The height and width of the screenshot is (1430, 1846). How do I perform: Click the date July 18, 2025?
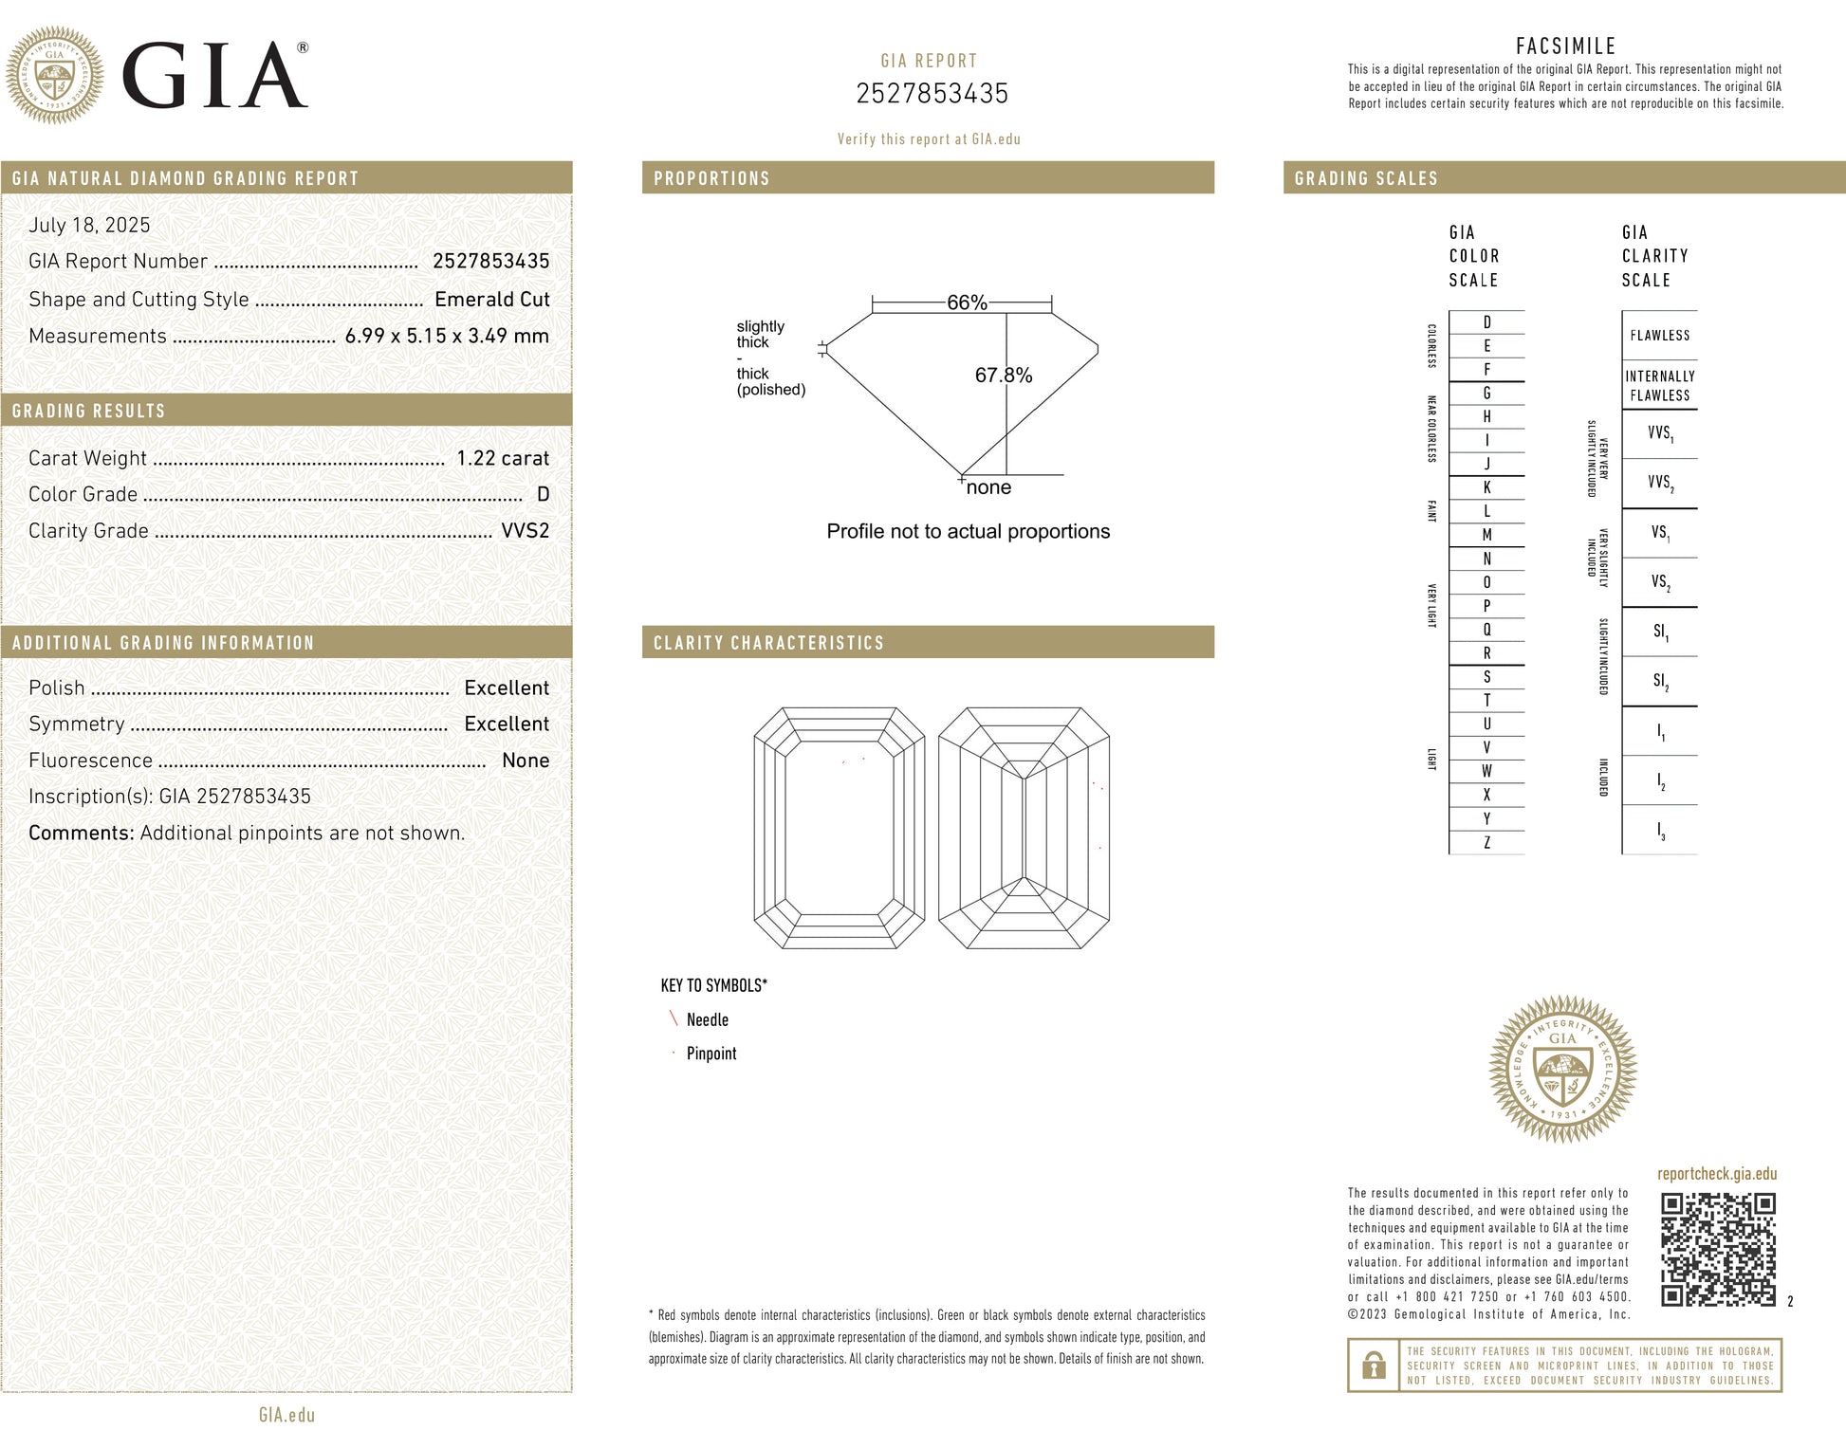point(89,225)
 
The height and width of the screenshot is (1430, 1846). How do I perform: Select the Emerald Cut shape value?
point(491,299)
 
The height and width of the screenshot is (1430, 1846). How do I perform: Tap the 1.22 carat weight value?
point(502,458)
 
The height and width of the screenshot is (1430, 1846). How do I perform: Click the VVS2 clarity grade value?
point(525,530)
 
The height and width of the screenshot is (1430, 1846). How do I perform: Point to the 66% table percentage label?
point(967,302)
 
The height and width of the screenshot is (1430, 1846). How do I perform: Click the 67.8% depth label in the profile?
point(1003,375)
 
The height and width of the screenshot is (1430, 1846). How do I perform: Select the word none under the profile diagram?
point(988,487)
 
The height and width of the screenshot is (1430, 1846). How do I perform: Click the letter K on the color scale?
point(1486,487)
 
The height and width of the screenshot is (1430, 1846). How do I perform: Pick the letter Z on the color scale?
point(1486,842)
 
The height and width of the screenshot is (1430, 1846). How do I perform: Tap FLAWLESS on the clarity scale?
point(1659,336)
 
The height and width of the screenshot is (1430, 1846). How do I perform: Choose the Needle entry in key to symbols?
point(707,1019)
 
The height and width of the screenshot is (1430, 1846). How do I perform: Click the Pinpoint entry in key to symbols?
point(711,1054)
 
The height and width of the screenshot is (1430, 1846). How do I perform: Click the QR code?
point(1717,1249)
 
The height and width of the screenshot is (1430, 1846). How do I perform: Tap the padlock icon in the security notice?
point(1373,1366)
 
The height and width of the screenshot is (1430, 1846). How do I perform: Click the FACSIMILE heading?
point(1565,46)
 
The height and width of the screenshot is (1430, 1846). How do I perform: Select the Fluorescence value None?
point(525,761)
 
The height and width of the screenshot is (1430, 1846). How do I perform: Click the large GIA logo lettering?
point(214,76)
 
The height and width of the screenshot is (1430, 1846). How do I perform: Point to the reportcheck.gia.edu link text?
point(1716,1174)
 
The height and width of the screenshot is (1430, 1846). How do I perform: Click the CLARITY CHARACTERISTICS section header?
point(768,643)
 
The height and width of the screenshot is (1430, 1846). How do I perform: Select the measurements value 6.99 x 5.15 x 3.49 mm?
point(447,336)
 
